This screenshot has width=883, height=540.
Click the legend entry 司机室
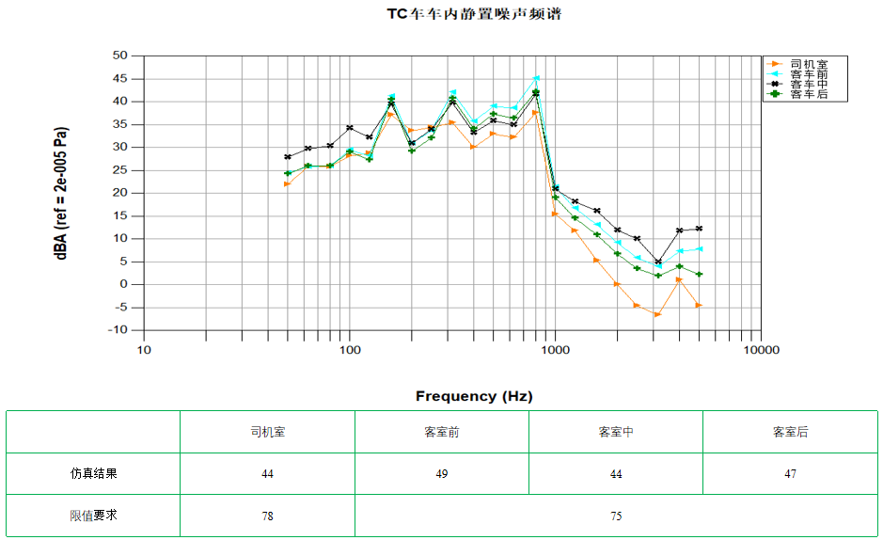pyautogui.click(x=808, y=63)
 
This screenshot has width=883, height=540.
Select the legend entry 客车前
pyautogui.click(x=808, y=73)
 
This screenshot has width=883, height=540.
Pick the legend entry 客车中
pyautogui.click(x=808, y=84)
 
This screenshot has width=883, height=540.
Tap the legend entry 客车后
pyautogui.click(x=808, y=94)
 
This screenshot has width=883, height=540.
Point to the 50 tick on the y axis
pyautogui.click(x=119, y=56)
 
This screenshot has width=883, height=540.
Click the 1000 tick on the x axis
pyautogui.click(x=555, y=350)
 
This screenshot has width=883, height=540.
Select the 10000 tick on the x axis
pyautogui.click(x=761, y=350)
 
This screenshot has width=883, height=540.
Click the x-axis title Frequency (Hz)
pyautogui.click(x=474, y=396)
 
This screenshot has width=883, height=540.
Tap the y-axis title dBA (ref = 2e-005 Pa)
pyautogui.click(x=62, y=193)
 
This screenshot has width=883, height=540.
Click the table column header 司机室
pyautogui.click(x=267, y=432)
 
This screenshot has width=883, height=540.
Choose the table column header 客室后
pyautogui.click(x=790, y=432)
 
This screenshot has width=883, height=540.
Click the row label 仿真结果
pyautogui.click(x=93, y=474)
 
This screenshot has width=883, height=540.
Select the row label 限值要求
pyautogui.click(x=93, y=516)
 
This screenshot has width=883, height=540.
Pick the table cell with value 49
pyautogui.click(x=442, y=474)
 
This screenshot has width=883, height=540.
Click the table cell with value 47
pyautogui.click(x=790, y=474)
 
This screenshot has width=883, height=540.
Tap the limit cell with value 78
pyautogui.click(x=267, y=516)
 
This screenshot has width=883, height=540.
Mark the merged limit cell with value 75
pyautogui.click(x=616, y=516)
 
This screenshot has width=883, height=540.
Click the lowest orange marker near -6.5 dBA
pyautogui.click(x=657, y=314)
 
